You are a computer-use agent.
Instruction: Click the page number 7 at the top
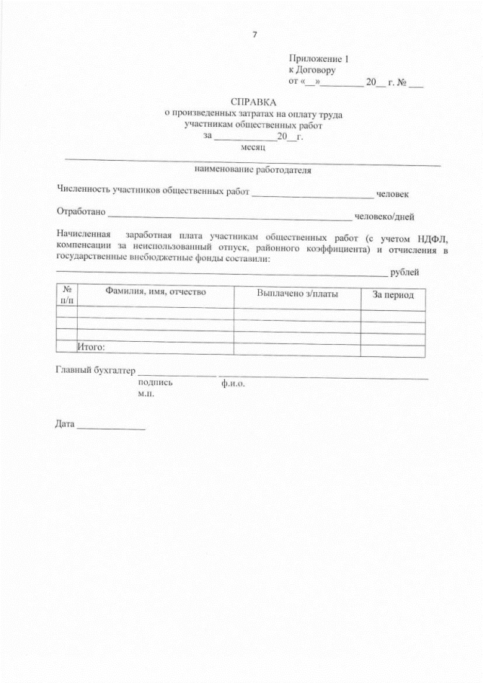tap(254, 34)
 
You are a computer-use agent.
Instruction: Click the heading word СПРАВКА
tap(254, 101)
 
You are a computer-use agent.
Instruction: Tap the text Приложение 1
tap(318, 58)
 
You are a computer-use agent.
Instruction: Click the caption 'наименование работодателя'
tap(253, 170)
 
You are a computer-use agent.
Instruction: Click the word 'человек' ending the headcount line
tap(392, 193)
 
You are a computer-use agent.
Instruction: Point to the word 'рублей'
tap(405, 272)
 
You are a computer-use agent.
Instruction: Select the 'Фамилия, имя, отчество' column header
tap(145, 291)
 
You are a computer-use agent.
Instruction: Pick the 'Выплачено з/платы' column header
tap(297, 293)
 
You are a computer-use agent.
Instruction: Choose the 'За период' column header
tap(392, 294)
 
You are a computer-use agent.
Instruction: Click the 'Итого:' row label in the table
tap(91, 347)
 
